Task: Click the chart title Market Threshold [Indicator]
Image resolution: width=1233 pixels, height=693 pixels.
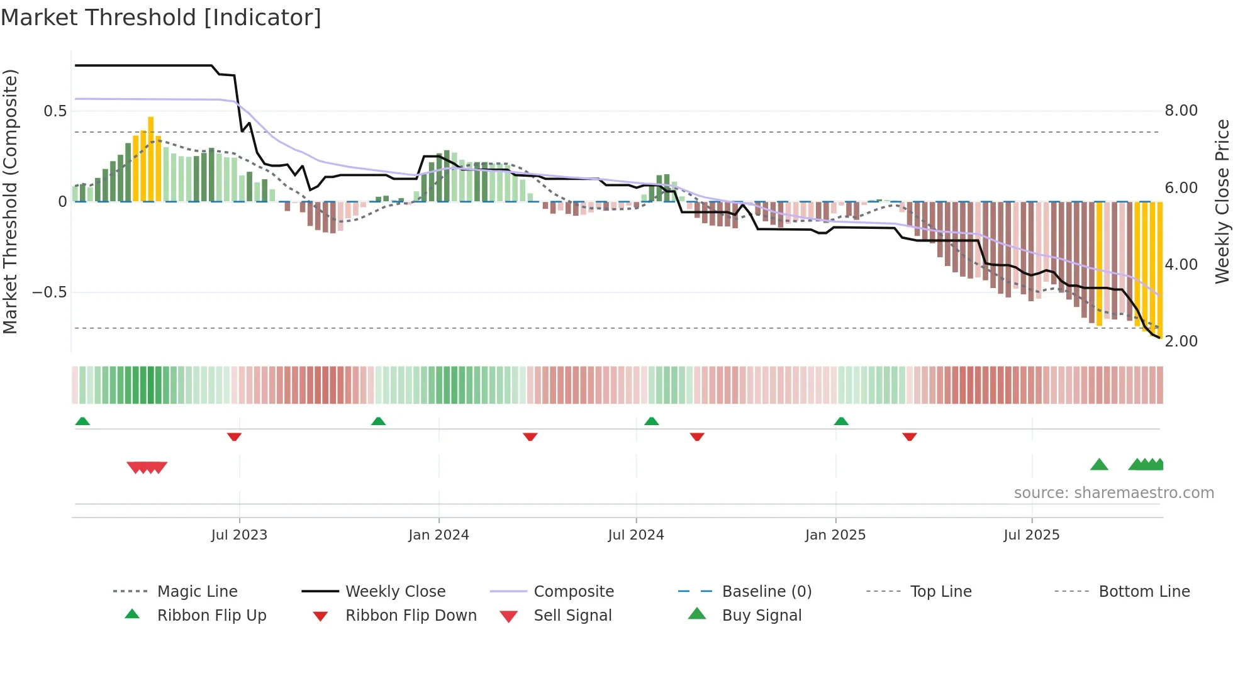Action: tap(161, 18)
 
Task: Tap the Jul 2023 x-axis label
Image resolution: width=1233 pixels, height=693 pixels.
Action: tap(239, 535)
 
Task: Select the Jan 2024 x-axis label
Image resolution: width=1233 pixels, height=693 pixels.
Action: tap(438, 535)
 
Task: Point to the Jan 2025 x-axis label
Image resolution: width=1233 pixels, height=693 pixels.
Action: tap(835, 535)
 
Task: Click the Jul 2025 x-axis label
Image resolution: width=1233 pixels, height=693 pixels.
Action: tap(1032, 535)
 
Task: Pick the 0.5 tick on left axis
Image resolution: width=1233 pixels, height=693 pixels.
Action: tap(55, 111)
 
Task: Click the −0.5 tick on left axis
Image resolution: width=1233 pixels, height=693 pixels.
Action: tap(50, 292)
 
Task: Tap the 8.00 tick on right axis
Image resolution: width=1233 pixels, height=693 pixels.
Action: tap(1181, 111)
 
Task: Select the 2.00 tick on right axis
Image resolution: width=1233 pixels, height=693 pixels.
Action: tap(1181, 341)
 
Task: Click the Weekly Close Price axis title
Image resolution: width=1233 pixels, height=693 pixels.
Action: tap(1222, 201)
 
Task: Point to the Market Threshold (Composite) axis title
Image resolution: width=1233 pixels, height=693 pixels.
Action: tap(10, 201)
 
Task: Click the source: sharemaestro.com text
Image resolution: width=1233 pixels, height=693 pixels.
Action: tap(1113, 493)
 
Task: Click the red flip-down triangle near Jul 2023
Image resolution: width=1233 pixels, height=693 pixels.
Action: tap(234, 436)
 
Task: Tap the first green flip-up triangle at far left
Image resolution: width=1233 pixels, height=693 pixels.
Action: tap(82, 421)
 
